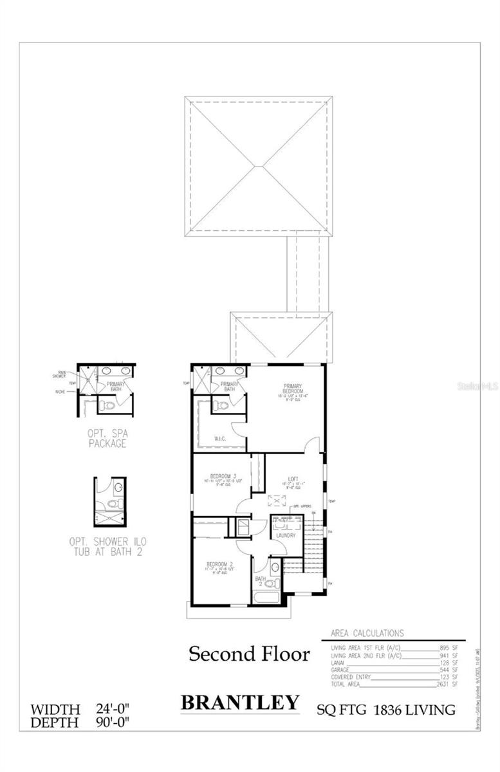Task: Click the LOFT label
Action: [x=294, y=479]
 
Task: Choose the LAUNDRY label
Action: [x=286, y=535]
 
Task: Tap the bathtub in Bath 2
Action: [x=267, y=597]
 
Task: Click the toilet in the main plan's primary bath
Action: [x=222, y=406]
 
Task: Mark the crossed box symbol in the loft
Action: [x=275, y=501]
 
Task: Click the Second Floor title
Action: [x=248, y=655]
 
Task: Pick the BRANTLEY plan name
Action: [x=240, y=702]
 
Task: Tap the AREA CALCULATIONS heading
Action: [x=367, y=633]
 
